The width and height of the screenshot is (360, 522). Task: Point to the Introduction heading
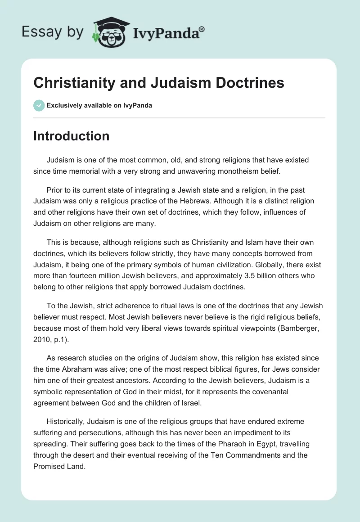coord(71,136)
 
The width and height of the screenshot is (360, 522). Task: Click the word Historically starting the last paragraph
coord(67,422)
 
